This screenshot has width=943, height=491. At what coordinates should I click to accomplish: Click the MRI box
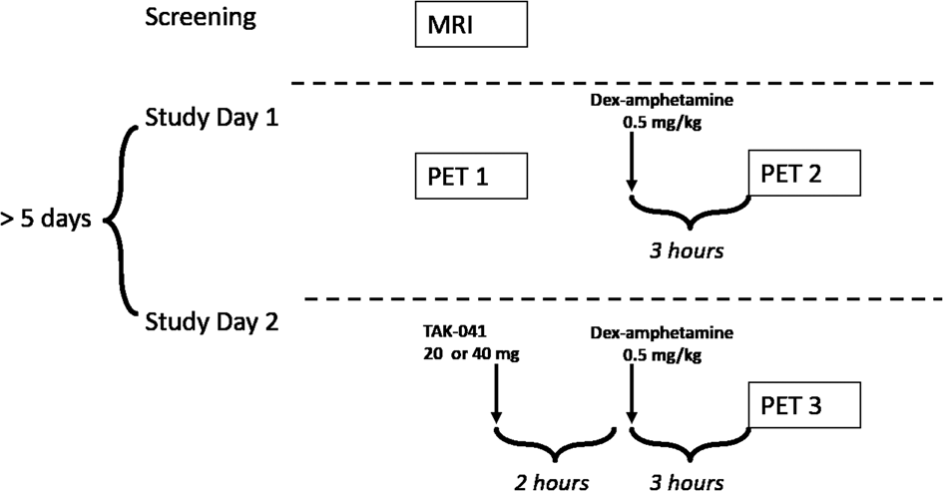[470, 24]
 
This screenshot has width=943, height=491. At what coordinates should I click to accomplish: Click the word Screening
[200, 18]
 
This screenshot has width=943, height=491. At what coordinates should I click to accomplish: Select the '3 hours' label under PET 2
[687, 249]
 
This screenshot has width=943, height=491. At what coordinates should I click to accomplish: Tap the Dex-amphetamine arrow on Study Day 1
[632, 160]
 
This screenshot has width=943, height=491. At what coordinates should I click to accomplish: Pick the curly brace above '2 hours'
[556, 442]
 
